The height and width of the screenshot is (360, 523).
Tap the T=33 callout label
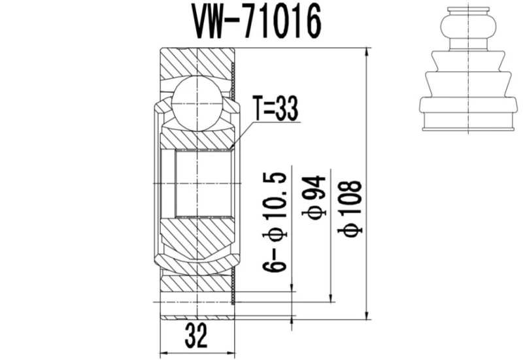275,109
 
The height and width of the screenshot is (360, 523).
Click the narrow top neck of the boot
466,12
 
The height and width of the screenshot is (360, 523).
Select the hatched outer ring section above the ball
196,62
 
